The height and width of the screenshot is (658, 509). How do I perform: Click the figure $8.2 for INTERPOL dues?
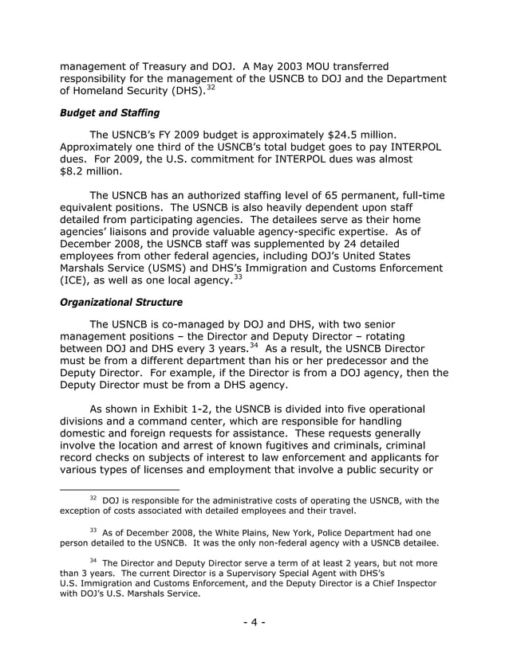[76, 170]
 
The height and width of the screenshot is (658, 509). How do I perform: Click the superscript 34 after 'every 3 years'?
[253, 344]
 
